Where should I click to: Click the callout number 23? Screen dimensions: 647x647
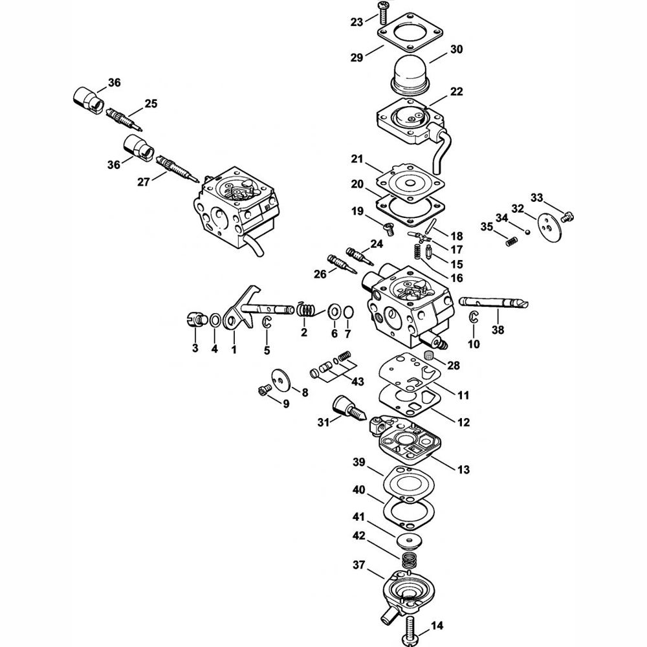click(356, 22)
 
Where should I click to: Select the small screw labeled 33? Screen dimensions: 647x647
click(569, 215)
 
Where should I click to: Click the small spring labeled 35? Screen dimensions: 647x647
click(512, 242)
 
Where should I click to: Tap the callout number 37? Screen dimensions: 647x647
click(359, 564)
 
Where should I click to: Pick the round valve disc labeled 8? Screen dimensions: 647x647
click(282, 378)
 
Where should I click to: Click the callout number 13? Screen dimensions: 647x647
click(463, 469)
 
